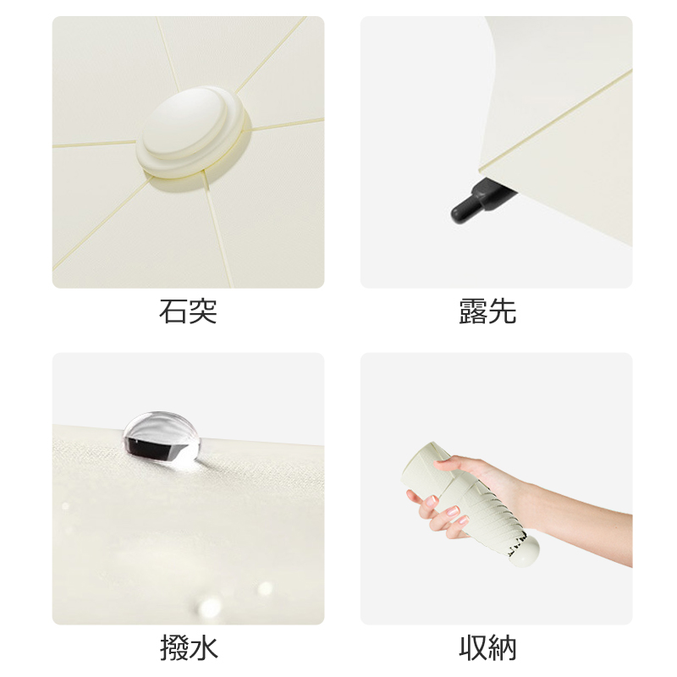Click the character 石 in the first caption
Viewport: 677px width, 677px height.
[173, 311]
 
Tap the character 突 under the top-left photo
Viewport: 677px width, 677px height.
[203, 311]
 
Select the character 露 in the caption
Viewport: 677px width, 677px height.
[473, 311]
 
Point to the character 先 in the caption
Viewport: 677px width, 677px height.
[503, 311]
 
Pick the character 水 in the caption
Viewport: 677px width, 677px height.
[203, 648]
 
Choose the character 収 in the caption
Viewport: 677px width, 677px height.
[473, 648]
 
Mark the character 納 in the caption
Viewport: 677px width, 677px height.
[503, 648]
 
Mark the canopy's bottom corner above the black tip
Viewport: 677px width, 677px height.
[480, 169]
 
